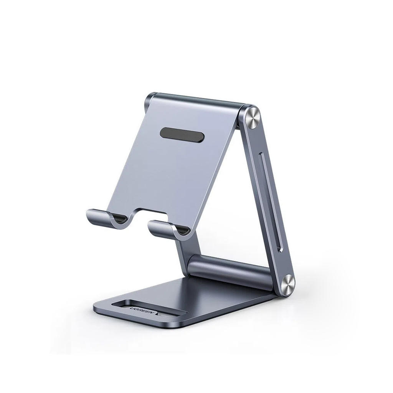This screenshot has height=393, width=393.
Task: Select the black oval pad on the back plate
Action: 182,135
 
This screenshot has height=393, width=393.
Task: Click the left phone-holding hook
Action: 101,217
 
